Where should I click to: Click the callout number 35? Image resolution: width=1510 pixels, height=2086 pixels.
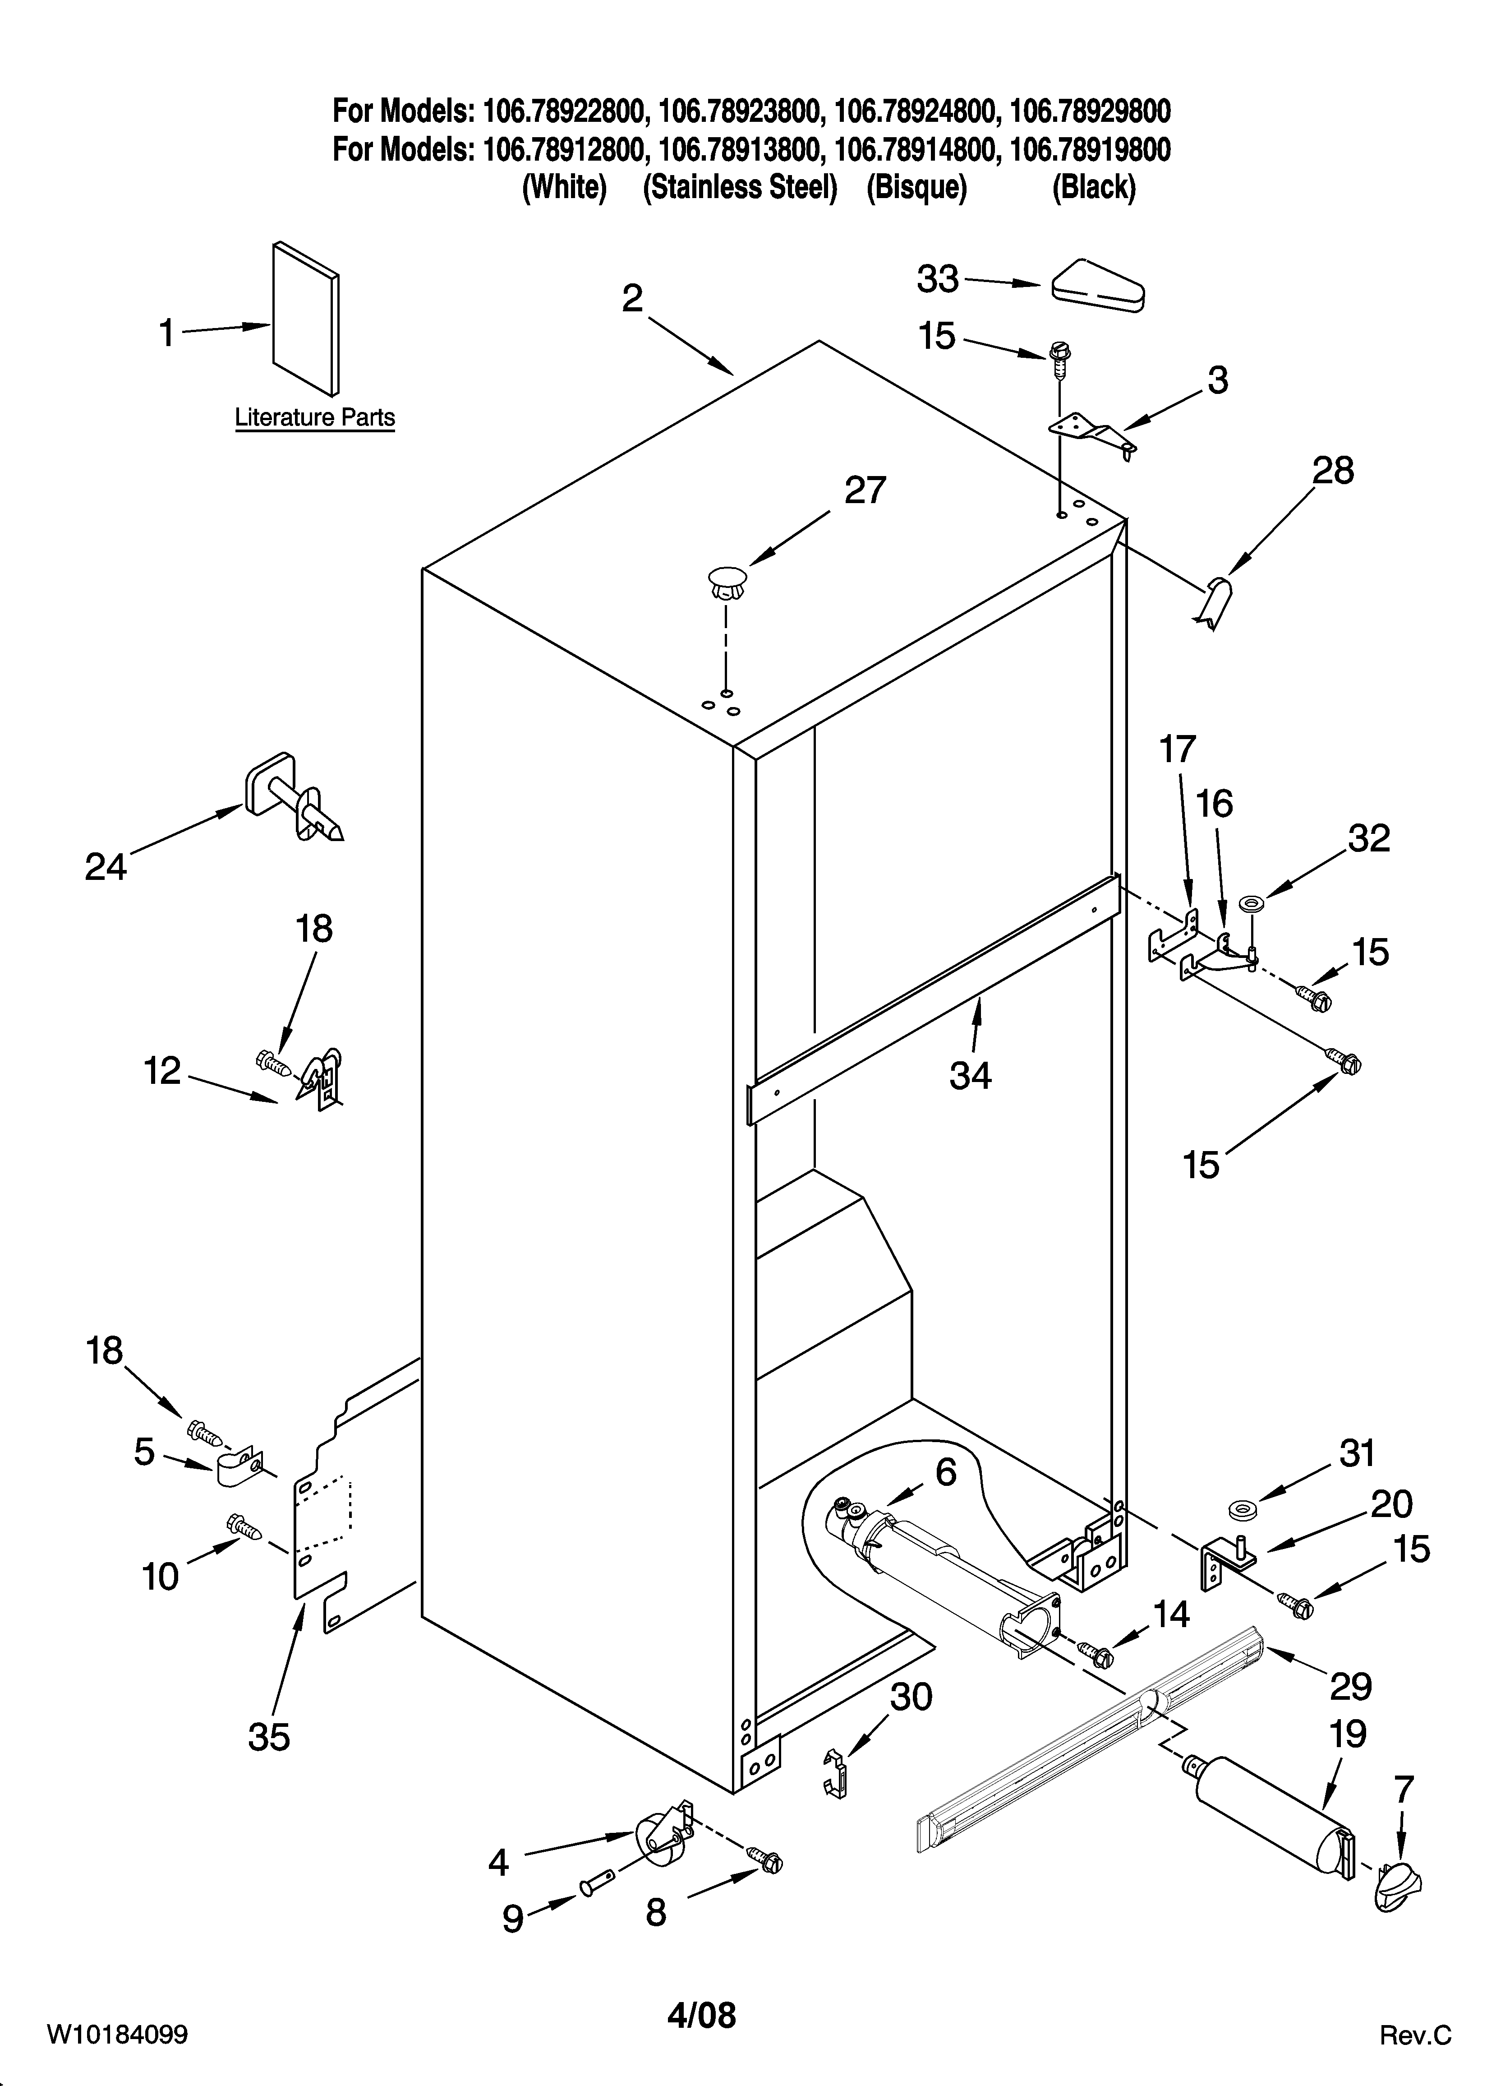coord(268,1736)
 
